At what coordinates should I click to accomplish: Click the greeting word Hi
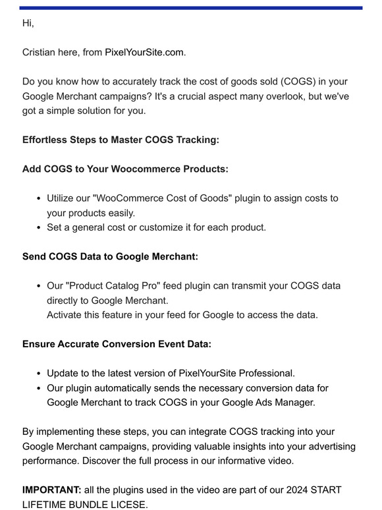pyautogui.click(x=27, y=23)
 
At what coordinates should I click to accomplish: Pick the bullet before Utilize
pyautogui.click(x=40, y=198)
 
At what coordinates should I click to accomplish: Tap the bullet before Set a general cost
pyautogui.click(x=40, y=228)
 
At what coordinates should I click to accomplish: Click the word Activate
pyautogui.click(x=67, y=315)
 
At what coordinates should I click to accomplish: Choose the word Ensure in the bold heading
pyautogui.click(x=39, y=344)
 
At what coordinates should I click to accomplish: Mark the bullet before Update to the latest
pyautogui.click(x=40, y=374)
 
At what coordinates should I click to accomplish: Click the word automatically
pyautogui.click(x=132, y=388)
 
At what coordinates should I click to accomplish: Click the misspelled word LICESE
pyautogui.click(x=128, y=504)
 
